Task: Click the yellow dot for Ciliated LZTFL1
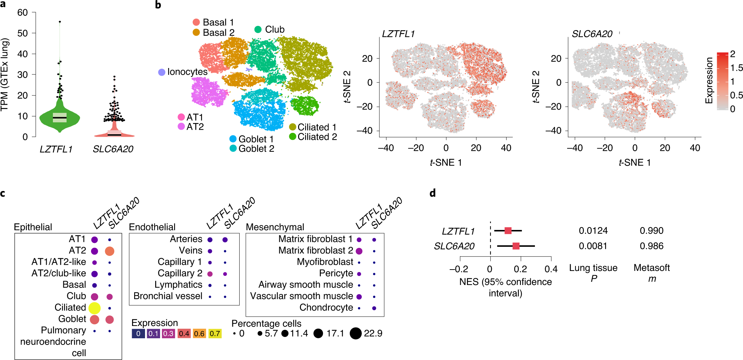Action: click(95, 308)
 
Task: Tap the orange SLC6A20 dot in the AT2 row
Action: click(109, 251)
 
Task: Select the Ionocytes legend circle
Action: click(161, 72)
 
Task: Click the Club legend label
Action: click(275, 29)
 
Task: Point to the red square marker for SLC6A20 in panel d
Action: click(516, 246)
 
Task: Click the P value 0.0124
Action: click(593, 231)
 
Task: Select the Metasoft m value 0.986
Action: click(651, 246)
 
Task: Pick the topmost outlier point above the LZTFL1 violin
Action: click(60, 22)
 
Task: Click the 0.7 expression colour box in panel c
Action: click(215, 333)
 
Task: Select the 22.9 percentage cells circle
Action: click(355, 333)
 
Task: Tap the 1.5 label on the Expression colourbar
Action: click(736, 68)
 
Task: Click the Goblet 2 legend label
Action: click(256, 149)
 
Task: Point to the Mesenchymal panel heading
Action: click(275, 227)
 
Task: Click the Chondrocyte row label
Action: click(326, 307)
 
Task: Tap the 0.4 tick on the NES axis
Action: click(551, 269)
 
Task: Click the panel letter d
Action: click(433, 193)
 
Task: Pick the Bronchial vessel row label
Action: click(168, 296)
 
